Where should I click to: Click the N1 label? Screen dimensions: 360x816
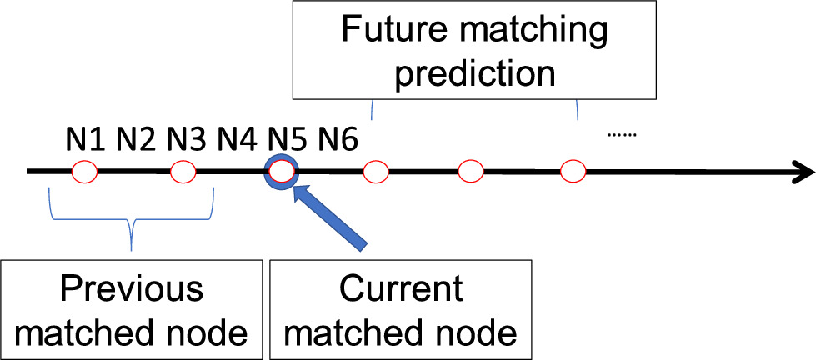[x=85, y=138]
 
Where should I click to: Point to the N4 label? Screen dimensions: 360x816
[x=238, y=138]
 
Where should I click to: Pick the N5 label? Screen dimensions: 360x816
[x=288, y=138]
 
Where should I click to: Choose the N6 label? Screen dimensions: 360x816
[x=337, y=138]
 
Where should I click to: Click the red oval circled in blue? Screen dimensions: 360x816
[x=282, y=172]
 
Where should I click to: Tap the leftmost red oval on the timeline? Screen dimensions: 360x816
[x=84, y=172]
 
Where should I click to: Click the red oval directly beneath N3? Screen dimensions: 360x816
[x=183, y=172]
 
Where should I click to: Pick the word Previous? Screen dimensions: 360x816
[x=131, y=289]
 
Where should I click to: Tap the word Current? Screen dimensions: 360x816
[x=400, y=289]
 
